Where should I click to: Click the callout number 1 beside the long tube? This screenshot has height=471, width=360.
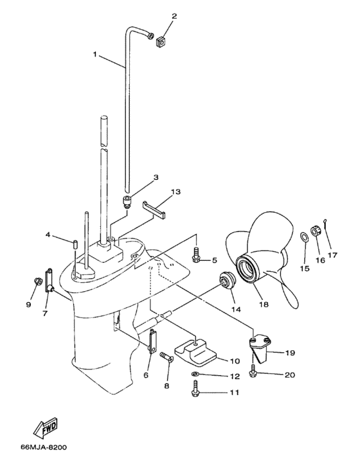pos(96,55)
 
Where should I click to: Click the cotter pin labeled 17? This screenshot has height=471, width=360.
pos(328,224)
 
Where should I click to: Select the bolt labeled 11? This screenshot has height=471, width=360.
pos(195,389)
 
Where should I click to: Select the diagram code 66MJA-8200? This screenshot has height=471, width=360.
pos(43,447)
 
